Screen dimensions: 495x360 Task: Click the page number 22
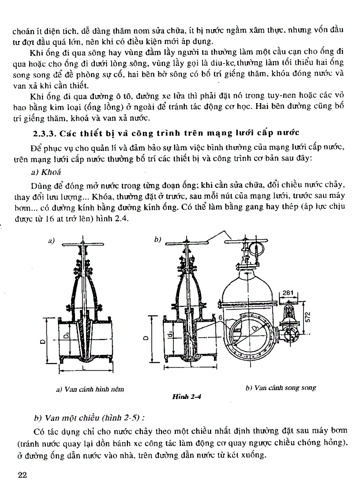[x=22, y=475]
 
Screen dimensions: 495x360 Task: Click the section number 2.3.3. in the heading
[x=45, y=133]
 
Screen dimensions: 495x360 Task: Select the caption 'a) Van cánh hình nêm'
[x=90, y=389]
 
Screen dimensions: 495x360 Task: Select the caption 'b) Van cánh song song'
[x=281, y=388]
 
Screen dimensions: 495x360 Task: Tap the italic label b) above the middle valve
[x=157, y=239]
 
